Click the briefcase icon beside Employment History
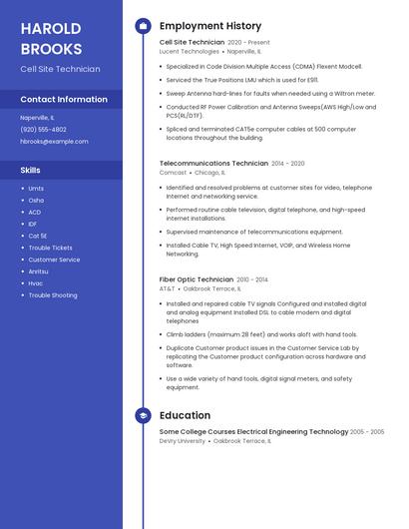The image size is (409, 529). tap(143, 26)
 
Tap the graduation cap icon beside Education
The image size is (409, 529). tap(143, 415)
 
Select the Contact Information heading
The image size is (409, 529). tap(64, 100)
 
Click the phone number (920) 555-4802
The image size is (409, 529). tap(44, 129)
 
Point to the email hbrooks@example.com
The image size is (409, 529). tap(54, 141)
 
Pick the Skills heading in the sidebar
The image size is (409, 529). tap(30, 170)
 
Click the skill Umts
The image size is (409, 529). tap(36, 188)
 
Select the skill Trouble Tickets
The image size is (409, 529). tap(50, 248)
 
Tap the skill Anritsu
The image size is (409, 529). tap(38, 271)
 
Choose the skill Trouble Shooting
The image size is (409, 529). tap(52, 295)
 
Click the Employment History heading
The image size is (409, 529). tap(210, 26)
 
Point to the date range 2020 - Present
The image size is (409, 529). tap(248, 43)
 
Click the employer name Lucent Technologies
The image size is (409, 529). tap(189, 51)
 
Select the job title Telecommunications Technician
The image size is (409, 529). tap(213, 163)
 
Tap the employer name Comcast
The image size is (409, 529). tap(173, 172)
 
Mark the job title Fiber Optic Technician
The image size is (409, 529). tap(196, 279)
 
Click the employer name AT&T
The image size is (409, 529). tap(167, 288)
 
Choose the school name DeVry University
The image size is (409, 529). tap(183, 440)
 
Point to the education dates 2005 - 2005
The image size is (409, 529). tap(367, 432)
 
